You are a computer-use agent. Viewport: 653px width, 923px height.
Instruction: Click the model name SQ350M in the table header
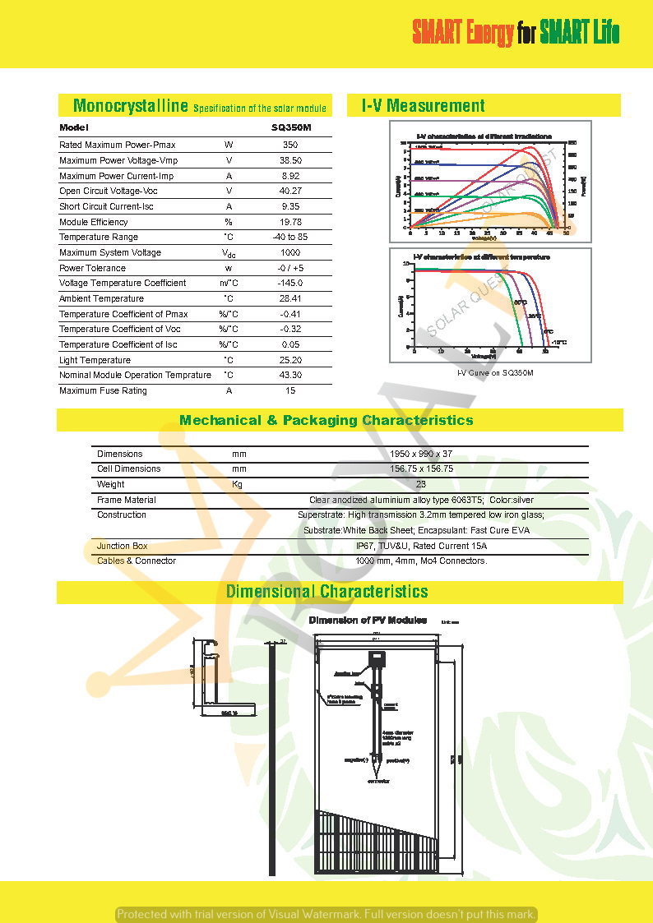point(291,128)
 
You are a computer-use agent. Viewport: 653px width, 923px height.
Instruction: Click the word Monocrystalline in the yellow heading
point(131,106)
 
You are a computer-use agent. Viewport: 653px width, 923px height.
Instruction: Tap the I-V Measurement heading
point(424,106)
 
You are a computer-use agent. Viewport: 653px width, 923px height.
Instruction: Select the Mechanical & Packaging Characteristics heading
point(326,420)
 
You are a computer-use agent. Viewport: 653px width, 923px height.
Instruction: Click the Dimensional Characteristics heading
point(326,592)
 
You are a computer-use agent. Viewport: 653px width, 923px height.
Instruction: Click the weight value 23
point(421,484)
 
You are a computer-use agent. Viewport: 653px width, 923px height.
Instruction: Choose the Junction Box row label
point(123,546)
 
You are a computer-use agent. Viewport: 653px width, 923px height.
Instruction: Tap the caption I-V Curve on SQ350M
point(495,373)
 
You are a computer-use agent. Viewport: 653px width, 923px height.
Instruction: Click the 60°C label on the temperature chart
point(520,302)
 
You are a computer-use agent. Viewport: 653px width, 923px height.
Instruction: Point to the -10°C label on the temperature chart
point(558,342)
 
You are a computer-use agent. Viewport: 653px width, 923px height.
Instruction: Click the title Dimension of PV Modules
point(368,620)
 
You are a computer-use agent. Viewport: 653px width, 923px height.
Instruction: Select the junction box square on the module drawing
point(377,658)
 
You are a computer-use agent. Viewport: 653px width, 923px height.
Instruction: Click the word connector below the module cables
point(377,782)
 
